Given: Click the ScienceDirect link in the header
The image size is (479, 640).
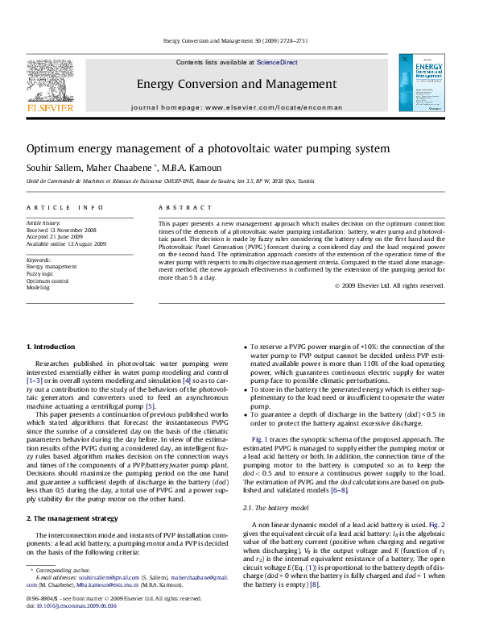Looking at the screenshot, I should click(278, 62).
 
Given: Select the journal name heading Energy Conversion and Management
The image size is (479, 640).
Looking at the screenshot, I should click(237, 84).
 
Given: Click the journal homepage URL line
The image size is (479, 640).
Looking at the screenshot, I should click(237, 107).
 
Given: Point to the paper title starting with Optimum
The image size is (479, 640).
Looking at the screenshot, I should click(208, 149).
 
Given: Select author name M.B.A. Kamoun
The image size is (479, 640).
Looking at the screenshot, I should click(187, 168).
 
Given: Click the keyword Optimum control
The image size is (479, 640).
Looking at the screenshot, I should click(47, 281).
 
